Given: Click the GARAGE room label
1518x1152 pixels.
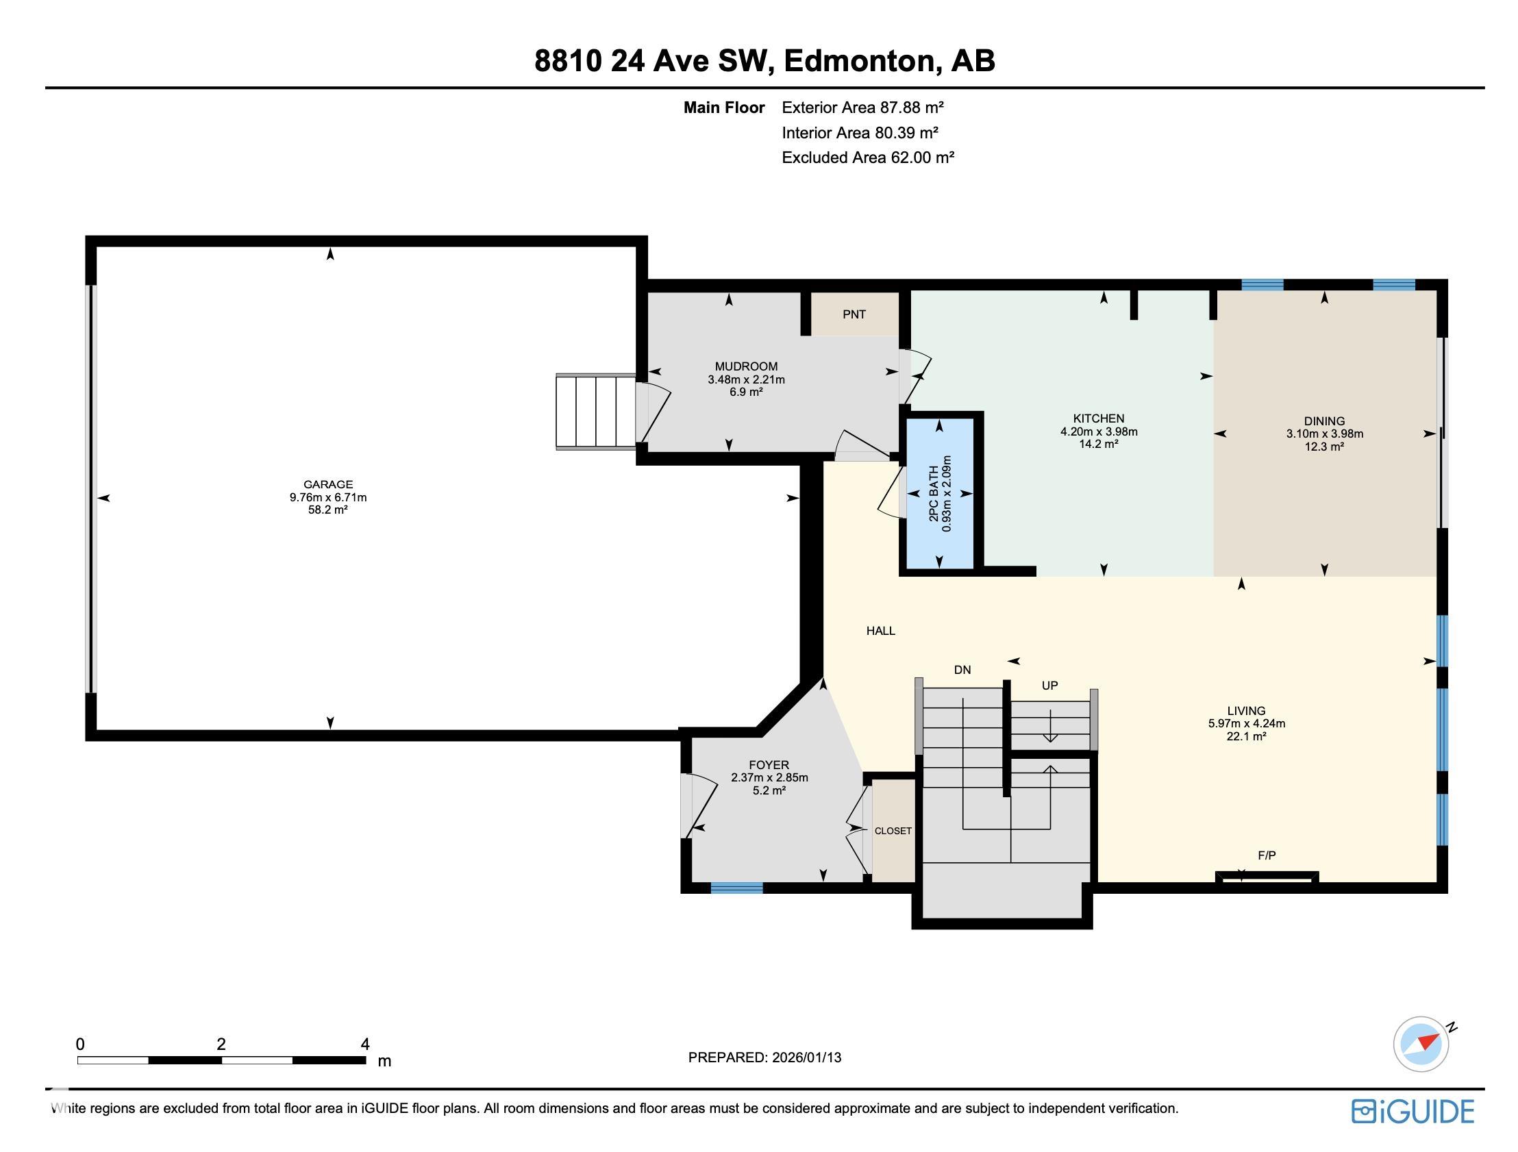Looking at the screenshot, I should coord(328,484).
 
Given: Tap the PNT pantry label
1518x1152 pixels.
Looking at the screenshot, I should coord(854,314).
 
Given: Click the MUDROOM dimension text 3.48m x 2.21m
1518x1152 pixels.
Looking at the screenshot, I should coord(746,379).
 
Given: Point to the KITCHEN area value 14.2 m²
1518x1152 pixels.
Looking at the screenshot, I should coord(1098,444).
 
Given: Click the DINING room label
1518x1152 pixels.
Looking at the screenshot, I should coord(1323,421).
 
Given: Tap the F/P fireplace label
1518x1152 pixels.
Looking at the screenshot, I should coord(1266,855).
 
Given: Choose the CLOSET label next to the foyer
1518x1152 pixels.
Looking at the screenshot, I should coord(893,831).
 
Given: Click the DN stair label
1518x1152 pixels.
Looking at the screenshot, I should coord(962,670).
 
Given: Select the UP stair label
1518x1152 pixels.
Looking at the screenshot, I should coord(1049,686).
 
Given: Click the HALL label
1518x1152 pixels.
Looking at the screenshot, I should coord(880,631).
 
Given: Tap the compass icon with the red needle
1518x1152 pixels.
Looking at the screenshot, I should coord(1421,1044).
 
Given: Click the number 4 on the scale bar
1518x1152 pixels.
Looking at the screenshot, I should coord(365,1044).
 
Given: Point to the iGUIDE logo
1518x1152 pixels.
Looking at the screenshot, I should coord(1413,1112).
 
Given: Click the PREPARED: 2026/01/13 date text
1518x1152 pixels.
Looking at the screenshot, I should coord(764,1057).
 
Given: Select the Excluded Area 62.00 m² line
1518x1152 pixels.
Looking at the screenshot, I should coord(867,158).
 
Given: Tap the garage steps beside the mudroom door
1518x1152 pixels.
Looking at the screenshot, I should coord(596,412).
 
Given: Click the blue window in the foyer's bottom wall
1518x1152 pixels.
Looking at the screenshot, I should coord(736,888).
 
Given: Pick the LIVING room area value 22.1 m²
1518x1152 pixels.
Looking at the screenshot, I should coord(1245,736).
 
